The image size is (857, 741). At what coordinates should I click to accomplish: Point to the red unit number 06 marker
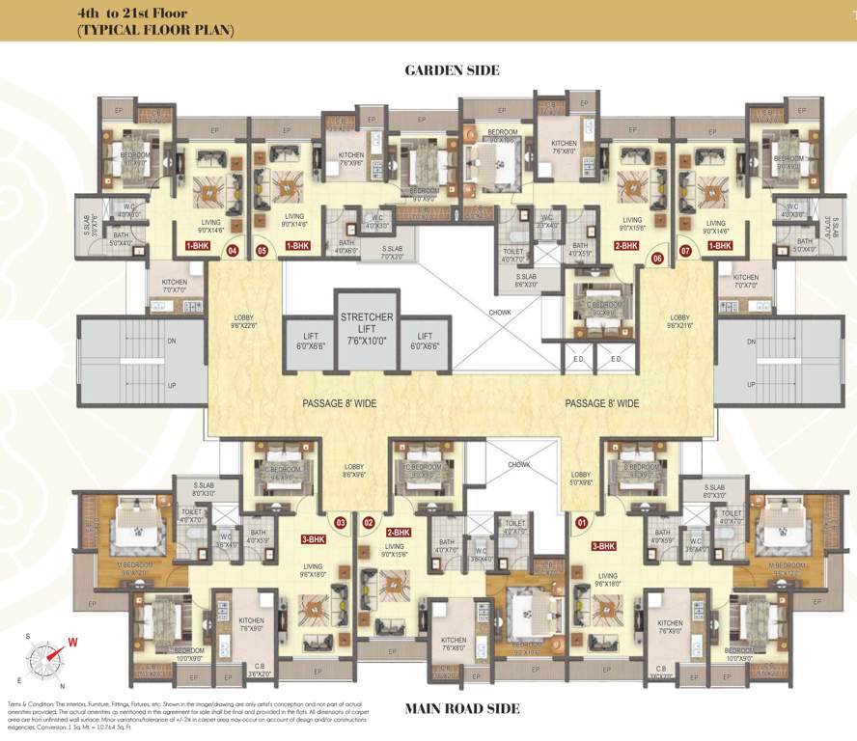pos(658,259)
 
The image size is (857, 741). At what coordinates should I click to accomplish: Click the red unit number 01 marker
pos(580,523)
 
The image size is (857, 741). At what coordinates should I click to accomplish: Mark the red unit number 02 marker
pos(368,523)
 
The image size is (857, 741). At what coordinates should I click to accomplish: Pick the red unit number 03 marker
pos(340,523)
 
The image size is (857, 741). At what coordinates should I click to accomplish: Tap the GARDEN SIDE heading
pos(452,70)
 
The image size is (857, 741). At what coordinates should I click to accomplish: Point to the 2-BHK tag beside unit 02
pos(399,533)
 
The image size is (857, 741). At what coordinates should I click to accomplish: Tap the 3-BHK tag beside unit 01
pos(602,546)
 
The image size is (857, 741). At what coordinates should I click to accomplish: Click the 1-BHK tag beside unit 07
pos(719,246)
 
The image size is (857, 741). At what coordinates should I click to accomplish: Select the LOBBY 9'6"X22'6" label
pos(242,321)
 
